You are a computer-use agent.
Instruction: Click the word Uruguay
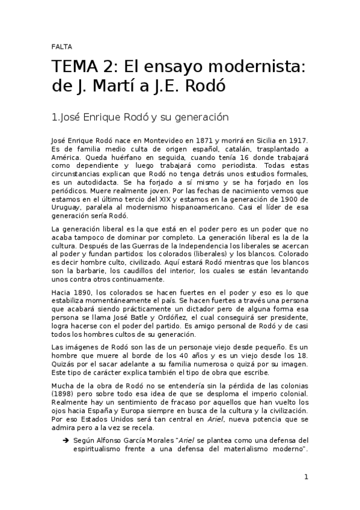pos(67,208)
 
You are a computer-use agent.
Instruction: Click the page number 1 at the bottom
pos(306,478)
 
